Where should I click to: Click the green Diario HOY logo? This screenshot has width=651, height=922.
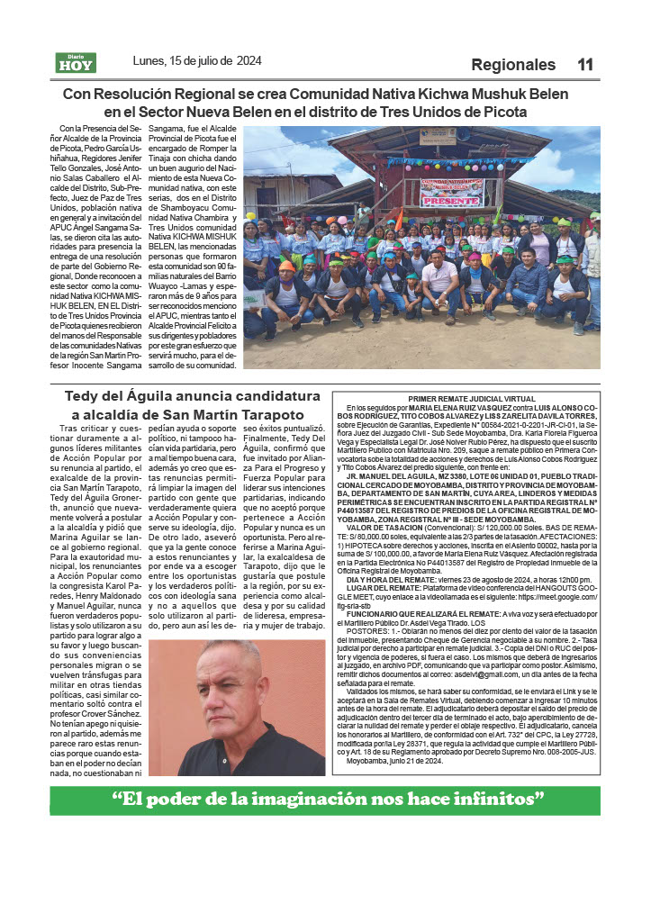(x=76, y=63)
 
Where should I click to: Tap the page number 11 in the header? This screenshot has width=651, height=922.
(x=585, y=65)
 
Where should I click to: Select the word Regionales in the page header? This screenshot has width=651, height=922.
(x=513, y=65)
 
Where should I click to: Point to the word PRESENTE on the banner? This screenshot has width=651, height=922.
(x=451, y=202)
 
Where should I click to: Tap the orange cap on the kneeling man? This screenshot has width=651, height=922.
(x=286, y=266)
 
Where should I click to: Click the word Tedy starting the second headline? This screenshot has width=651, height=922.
(x=84, y=396)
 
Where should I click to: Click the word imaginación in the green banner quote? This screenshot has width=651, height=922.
(x=303, y=800)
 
